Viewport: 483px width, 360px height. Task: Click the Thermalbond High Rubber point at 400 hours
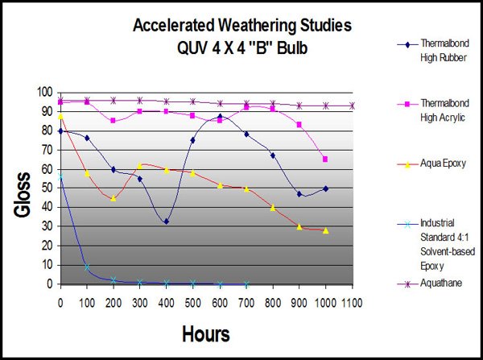click(167, 221)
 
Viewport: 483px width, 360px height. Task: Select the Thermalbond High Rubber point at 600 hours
click(220, 117)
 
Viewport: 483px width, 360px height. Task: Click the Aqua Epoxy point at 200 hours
click(114, 198)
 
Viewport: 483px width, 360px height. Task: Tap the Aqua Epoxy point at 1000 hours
click(326, 230)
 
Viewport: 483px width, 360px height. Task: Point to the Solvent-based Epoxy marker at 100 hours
click(87, 267)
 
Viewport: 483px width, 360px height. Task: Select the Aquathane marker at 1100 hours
click(352, 106)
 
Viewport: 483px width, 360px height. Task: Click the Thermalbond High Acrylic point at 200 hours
click(114, 120)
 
